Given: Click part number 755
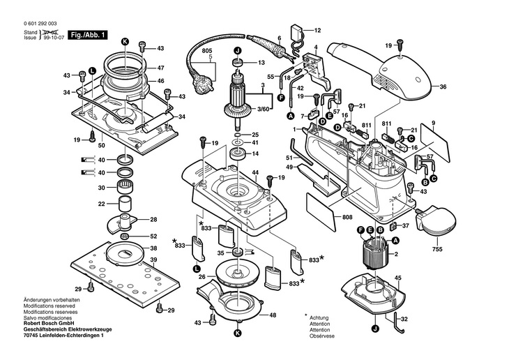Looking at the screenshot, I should point(437,248).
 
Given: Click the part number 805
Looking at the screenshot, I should point(207,50).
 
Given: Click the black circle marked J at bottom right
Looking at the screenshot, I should point(374,329).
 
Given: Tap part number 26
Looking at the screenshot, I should point(203,276).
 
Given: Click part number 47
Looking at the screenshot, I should point(160,68).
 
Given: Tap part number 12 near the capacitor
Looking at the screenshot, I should point(317,31).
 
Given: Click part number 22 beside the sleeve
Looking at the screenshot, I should point(101,204).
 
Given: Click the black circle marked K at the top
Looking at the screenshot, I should point(126,42).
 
